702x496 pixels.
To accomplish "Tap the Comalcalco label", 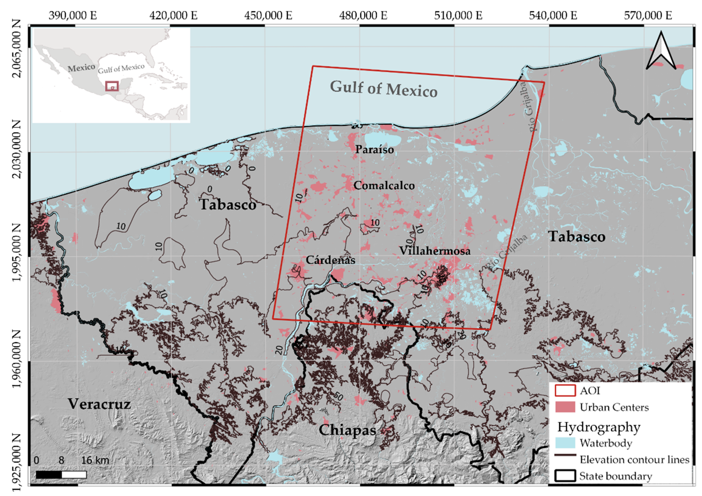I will point(384,185).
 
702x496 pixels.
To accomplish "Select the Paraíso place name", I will point(374,149).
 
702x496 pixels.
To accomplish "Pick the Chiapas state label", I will point(347,430).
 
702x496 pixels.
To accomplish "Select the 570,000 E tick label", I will point(648,15).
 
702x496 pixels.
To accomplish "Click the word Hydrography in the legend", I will point(598,427).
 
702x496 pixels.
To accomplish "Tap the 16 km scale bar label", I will point(95,460).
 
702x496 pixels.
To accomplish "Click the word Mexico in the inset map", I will point(81,68).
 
